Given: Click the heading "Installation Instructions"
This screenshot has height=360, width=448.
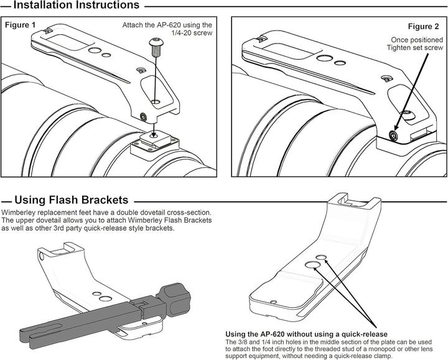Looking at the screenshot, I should (76, 6).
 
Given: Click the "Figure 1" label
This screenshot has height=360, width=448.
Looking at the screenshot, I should (21, 25).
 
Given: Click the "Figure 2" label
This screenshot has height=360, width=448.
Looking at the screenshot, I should (423, 27).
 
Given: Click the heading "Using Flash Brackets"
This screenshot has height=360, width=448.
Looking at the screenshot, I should (71, 200).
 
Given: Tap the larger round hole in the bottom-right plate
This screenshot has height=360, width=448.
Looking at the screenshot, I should (314, 267).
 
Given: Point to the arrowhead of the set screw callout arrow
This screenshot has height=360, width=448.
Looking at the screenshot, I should (396, 129).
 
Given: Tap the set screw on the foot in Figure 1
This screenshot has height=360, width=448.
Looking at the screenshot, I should (144, 116).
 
